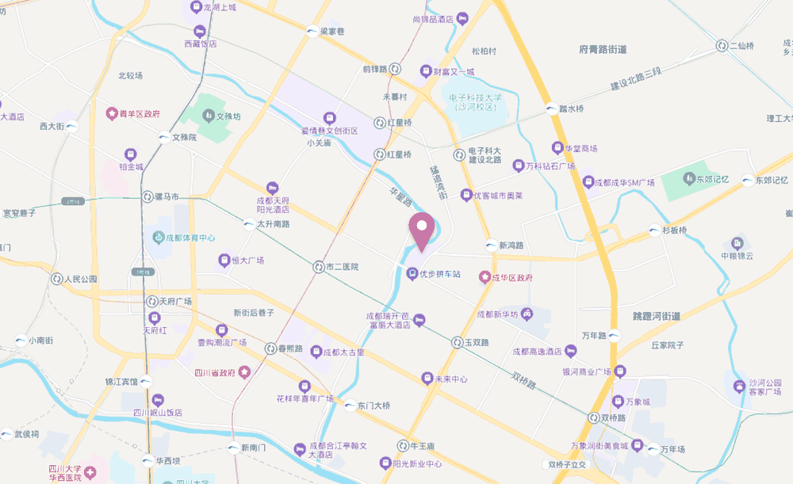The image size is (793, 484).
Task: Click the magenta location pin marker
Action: [x=421, y=231]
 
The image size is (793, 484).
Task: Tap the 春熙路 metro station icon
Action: [x=270, y=348]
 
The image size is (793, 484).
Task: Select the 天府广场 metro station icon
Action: [x=151, y=301]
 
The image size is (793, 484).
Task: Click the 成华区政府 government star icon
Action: [x=483, y=277]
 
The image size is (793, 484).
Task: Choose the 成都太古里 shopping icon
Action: [x=316, y=352]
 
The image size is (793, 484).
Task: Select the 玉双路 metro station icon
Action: [x=457, y=342]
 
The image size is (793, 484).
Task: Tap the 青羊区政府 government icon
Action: [x=113, y=113]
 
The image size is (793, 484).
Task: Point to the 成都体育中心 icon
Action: [x=157, y=237]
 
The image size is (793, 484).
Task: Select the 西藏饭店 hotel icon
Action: [x=198, y=31]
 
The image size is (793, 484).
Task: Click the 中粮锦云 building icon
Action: [x=738, y=242]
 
